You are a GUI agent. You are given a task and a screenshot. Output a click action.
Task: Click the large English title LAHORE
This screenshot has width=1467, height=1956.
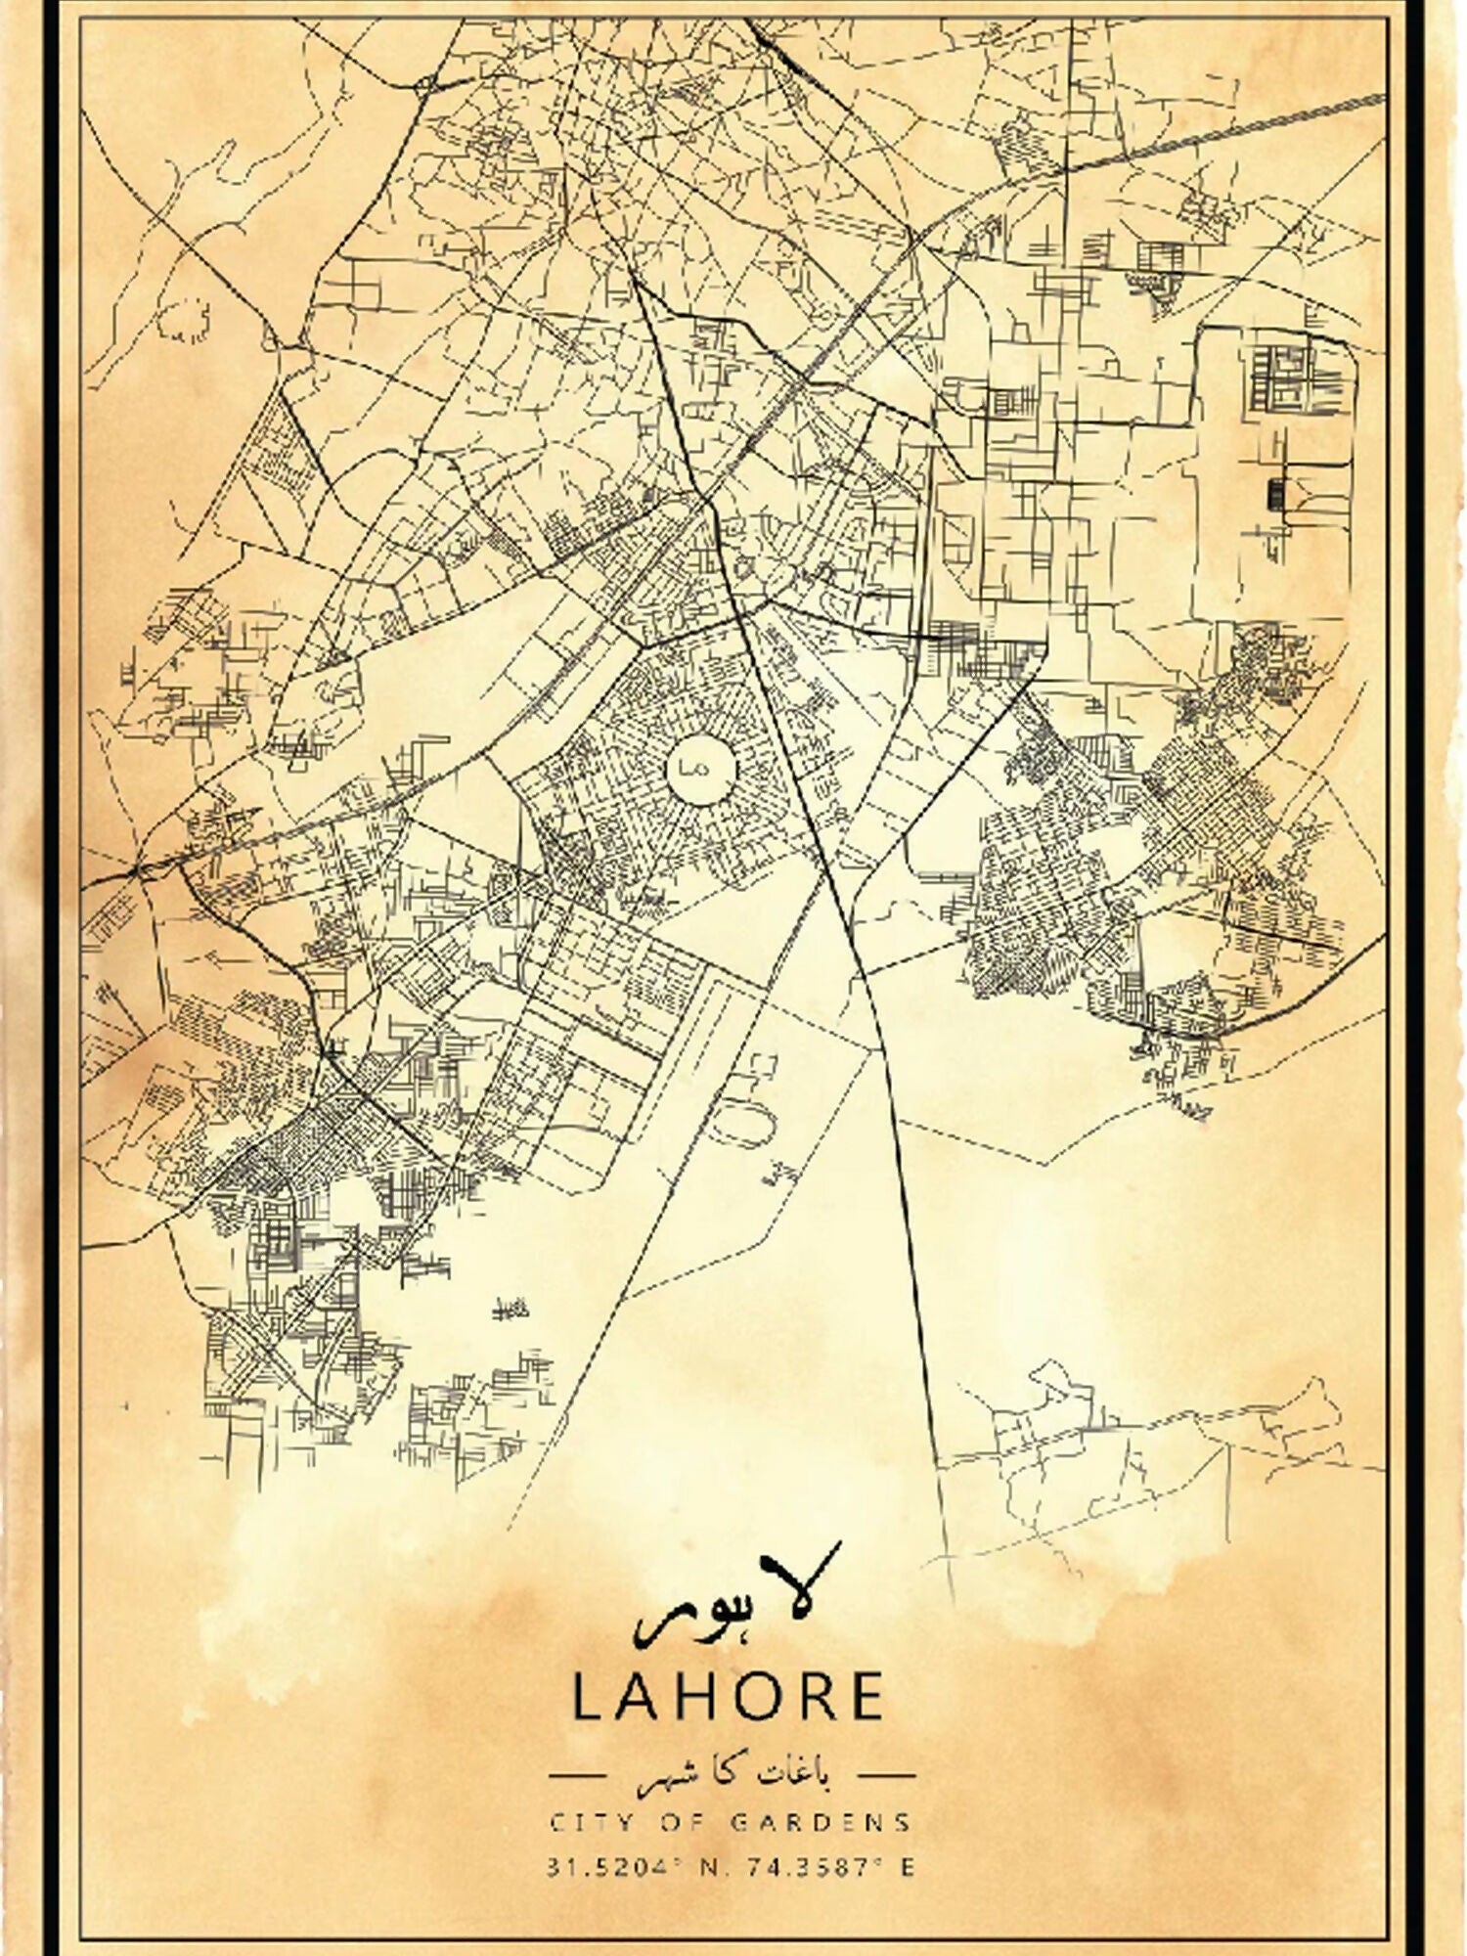pos(729,1697)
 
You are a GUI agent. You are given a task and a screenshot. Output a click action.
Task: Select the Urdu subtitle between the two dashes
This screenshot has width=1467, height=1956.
pos(732,1772)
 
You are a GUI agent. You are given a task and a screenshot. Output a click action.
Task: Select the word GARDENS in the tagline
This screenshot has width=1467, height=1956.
pos(822,1822)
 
